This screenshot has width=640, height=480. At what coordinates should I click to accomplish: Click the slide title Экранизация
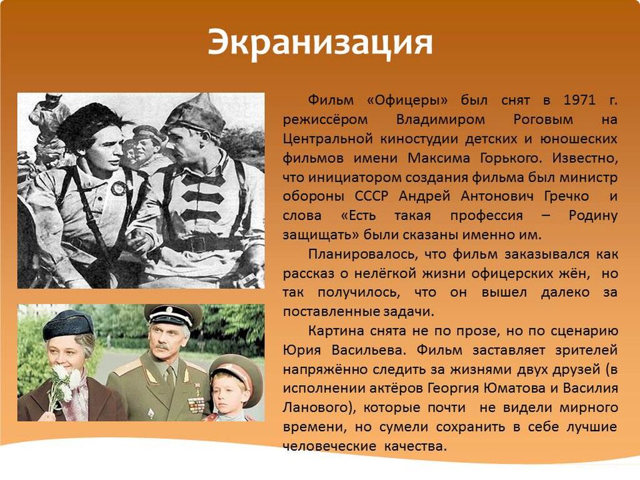(320, 42)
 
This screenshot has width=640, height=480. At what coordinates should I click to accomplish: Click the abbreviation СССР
(371, 196)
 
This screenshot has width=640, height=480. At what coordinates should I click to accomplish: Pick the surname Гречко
(566, 196)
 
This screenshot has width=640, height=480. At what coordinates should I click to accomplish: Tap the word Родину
(592, 216)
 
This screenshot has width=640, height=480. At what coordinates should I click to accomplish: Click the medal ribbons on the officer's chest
(196, 404)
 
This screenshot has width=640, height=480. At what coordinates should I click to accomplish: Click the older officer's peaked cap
(173, 315)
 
